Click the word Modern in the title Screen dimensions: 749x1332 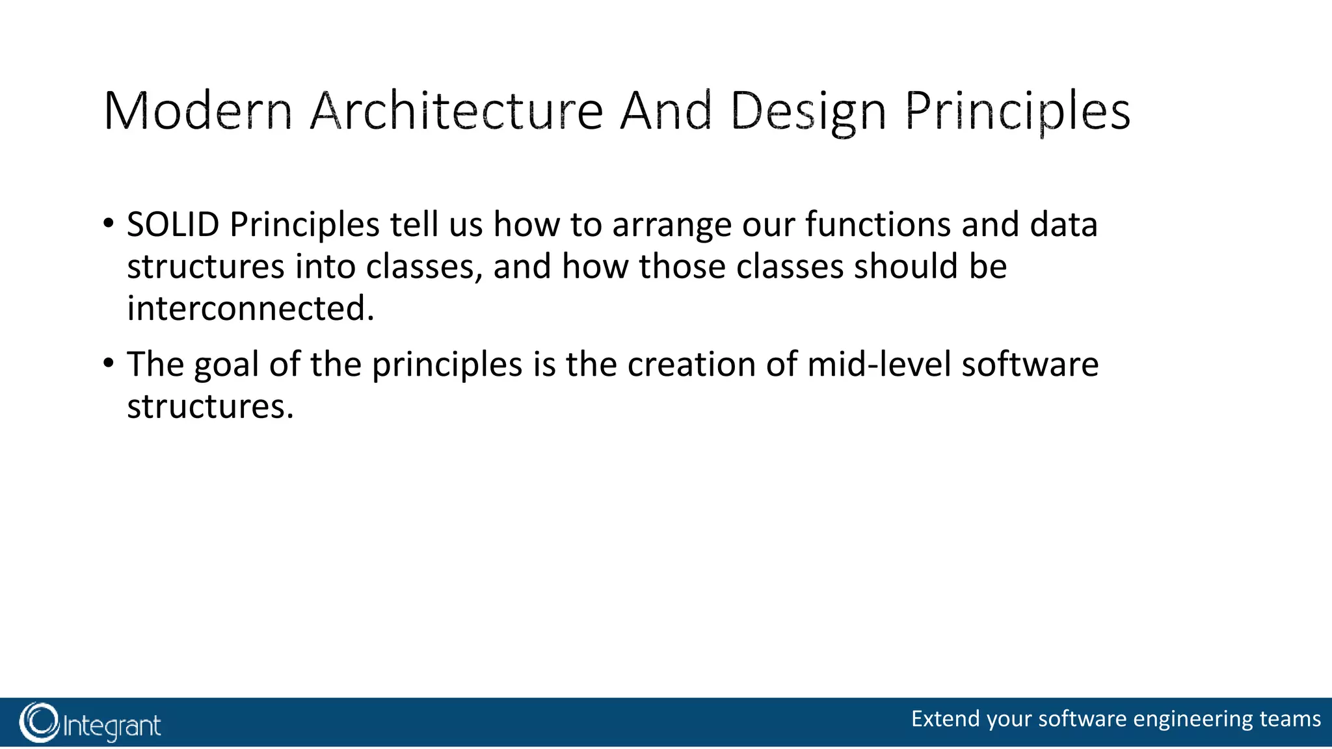click(x=198, y=112)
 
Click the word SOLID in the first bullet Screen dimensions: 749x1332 click(x=173, y=225)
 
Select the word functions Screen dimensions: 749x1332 click(x=879, y=225)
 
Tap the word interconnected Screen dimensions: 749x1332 click(x=250, y=309)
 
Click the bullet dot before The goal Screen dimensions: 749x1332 click(x=108, y=363)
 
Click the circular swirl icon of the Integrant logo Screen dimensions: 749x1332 click(x=39, y=722)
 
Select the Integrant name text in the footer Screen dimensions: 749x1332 click(x=112, y=726)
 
